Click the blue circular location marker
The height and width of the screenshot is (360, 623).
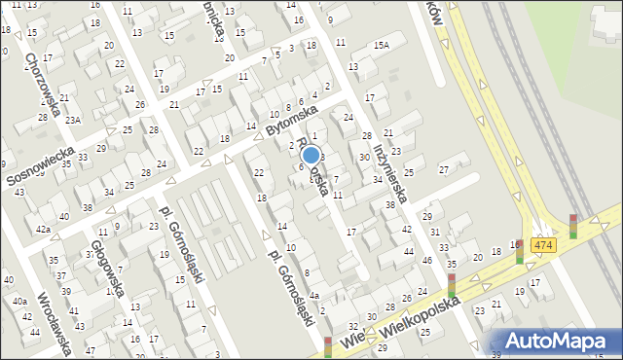point(311,154)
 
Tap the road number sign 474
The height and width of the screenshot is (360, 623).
point(544,245)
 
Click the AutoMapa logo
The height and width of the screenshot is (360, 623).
point(559,341)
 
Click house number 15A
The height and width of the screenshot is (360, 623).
point(381,45)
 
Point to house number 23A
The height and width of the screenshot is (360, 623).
point(72,121)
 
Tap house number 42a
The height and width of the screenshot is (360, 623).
point(43,229)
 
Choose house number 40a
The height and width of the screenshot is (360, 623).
point(19,302)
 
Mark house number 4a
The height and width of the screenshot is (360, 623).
point(313,295)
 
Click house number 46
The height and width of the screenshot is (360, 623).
point(426,261)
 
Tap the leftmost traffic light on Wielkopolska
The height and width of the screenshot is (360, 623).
point(328,345)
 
